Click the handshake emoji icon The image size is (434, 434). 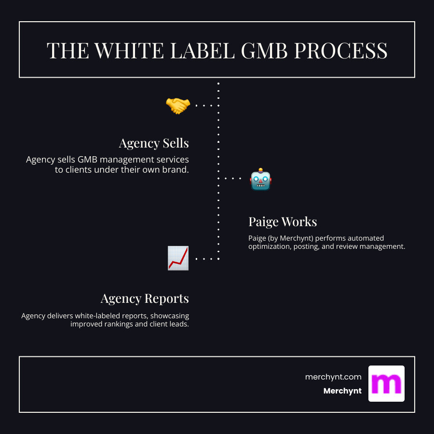[x=178, y=105]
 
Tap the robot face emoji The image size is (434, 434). [x=261, y=179]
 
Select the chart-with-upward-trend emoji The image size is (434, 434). [x=178, y=258]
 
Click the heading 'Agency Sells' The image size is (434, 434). [x=154, y=143]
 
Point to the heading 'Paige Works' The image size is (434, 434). [x=283, y=222]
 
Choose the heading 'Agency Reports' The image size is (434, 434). [x=145, y=298]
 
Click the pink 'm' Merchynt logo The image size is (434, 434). [x=386, y=383]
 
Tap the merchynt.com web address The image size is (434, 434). [x=333, y=377]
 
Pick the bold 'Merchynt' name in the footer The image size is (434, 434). [x=342, y=391]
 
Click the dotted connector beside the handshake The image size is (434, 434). [x=204, y=105]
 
